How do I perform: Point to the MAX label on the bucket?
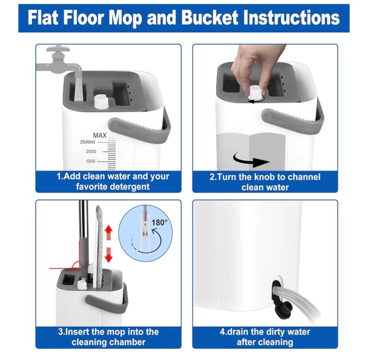click(100, 135)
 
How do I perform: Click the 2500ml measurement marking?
click(88, 142)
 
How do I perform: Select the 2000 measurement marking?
click(91, 151)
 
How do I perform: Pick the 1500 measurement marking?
click(91, 161)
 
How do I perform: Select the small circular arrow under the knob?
click(257, 100)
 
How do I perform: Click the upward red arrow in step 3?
click(108, 232)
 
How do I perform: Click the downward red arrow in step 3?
click(108, 255)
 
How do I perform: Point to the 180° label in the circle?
click(160, 222)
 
